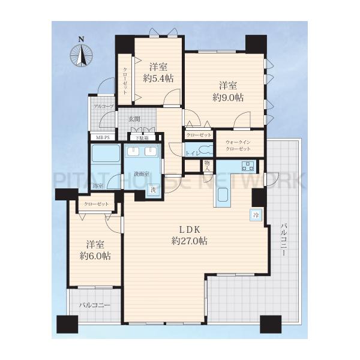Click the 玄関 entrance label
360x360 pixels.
tap(134, 119)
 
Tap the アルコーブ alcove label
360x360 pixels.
tap(103, 106)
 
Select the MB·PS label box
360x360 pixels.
tap(98, 137)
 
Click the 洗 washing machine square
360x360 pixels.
tap(152, 190)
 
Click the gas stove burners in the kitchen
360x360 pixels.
tap(248, 166)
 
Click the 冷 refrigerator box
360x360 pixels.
tap(255, 214)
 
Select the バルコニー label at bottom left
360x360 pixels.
tap(95, 305)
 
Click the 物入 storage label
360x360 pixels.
tap(206, 165)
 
